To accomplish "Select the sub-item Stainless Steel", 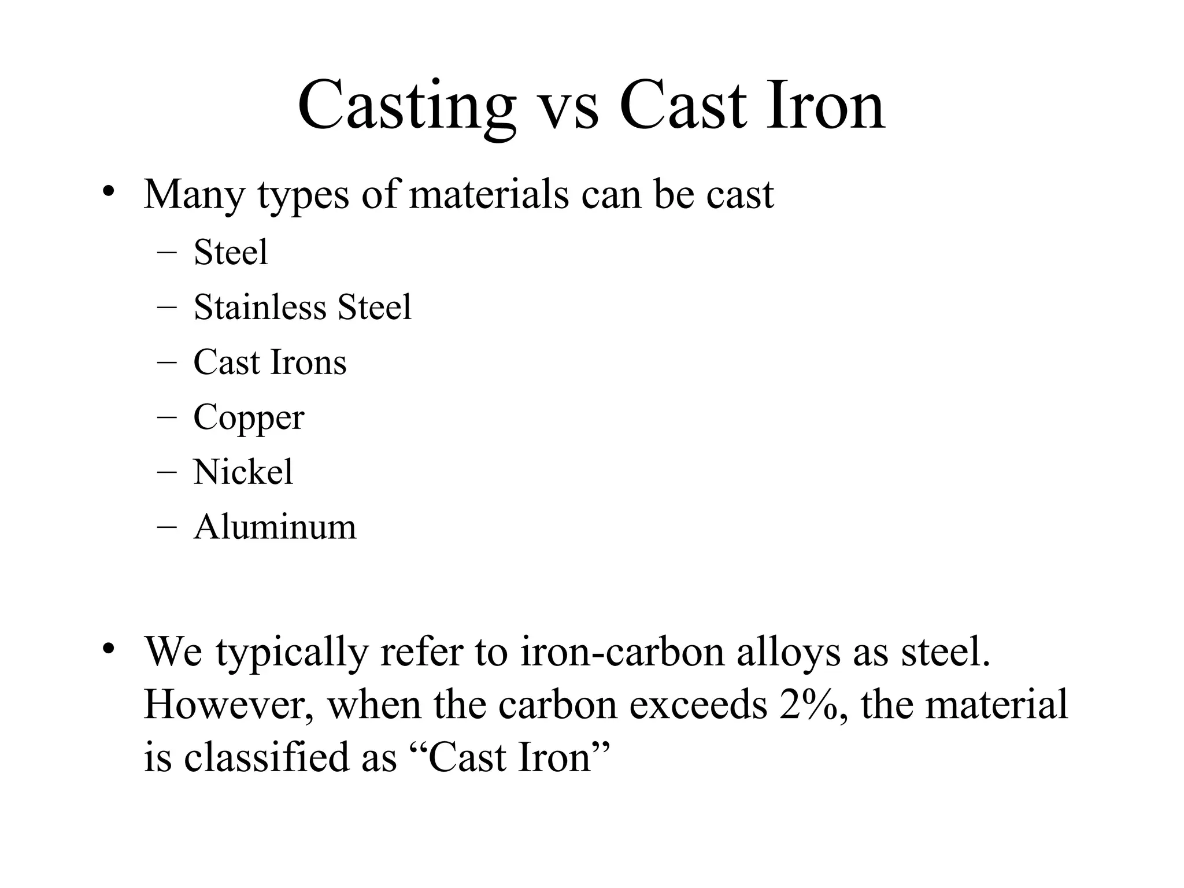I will [302, 307].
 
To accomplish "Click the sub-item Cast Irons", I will [270, 362].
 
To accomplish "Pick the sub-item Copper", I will [249, 417].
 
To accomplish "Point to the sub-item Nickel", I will [243, 472].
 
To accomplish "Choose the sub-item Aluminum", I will [275, 527].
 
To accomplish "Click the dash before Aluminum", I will [166, 527].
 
